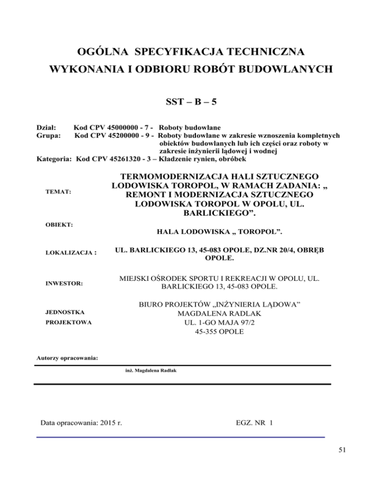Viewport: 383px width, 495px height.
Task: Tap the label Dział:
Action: click(x=47, y=127)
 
